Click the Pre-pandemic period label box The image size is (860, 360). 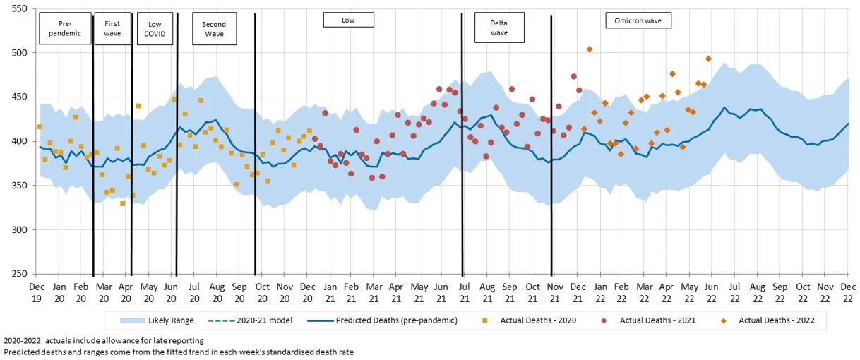point(64,28)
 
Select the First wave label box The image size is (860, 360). point(112,28)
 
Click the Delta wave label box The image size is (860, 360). point(499,28)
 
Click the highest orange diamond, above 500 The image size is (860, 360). point(590,49)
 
